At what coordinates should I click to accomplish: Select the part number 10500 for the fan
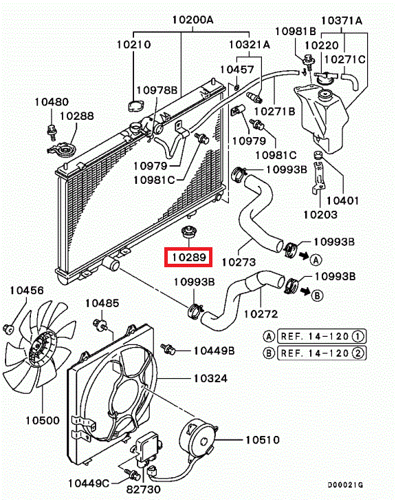pos(43,420)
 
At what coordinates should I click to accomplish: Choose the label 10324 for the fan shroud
pos(210,378)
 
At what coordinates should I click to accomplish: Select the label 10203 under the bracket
pos(320,215)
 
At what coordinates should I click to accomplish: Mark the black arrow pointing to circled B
pos(303,293)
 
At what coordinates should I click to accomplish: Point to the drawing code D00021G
pos(369,488)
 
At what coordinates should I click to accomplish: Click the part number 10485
pos(102,303)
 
